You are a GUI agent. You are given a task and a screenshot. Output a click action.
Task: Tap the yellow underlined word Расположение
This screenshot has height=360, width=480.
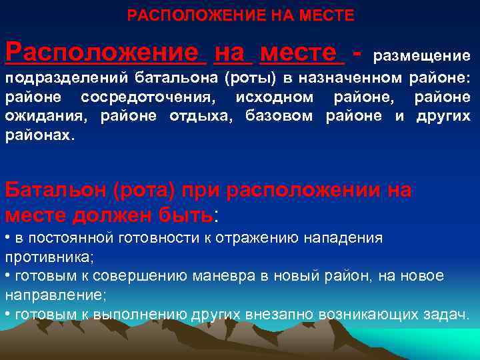coord(102,51)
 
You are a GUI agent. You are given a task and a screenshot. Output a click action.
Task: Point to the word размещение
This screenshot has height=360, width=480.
coord(421,55)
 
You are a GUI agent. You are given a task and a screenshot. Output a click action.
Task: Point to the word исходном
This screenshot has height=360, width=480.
coord(275,98)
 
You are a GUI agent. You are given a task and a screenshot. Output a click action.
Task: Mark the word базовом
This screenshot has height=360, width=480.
coord(281,117)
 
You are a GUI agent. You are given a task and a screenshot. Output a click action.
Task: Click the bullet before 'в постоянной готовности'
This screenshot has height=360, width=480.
coord(7,238)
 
